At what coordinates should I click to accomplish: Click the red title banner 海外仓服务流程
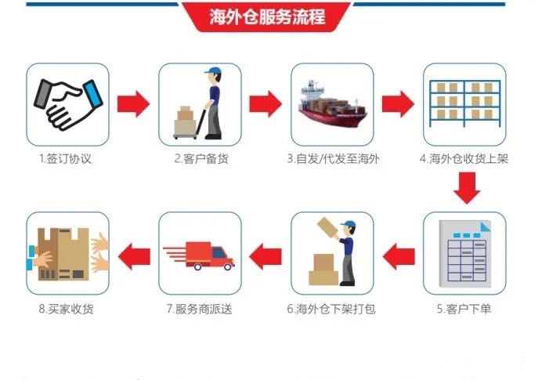pos(266,16)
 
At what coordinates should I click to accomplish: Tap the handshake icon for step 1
pos(68,104)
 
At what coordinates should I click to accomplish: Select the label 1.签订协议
pos(65,159)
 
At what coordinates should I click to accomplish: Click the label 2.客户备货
pos(201,159)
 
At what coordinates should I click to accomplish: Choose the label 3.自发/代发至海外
pos(333,159)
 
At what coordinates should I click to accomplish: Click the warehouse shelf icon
pos(465,103)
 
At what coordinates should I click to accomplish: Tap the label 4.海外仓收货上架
pos(464,159)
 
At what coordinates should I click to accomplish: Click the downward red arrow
pos(467,188)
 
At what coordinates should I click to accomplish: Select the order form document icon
pos(465,254)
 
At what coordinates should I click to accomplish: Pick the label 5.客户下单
pos(464,309)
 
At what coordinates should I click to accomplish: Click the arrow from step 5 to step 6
pos(399,256)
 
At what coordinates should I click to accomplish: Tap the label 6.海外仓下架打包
pos(331,309)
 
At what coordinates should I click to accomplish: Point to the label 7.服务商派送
pos(200,309)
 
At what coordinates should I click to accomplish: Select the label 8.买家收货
pos(66,309)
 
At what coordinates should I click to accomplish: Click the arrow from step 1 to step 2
pos(133,103)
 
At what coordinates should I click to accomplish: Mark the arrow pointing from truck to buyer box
pos(134,256)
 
